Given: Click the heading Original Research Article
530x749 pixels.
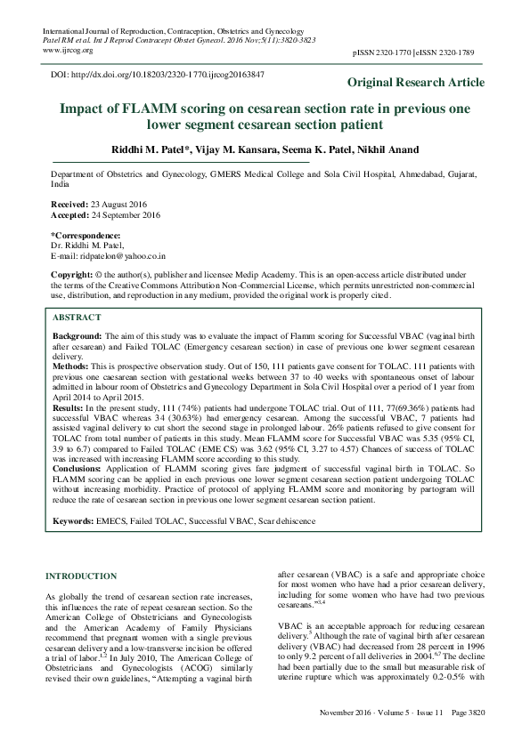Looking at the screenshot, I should [x=416, y=83].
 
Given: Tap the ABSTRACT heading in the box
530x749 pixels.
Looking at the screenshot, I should [x=77, y=317].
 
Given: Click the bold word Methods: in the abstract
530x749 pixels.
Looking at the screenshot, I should [x=72, y=366].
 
